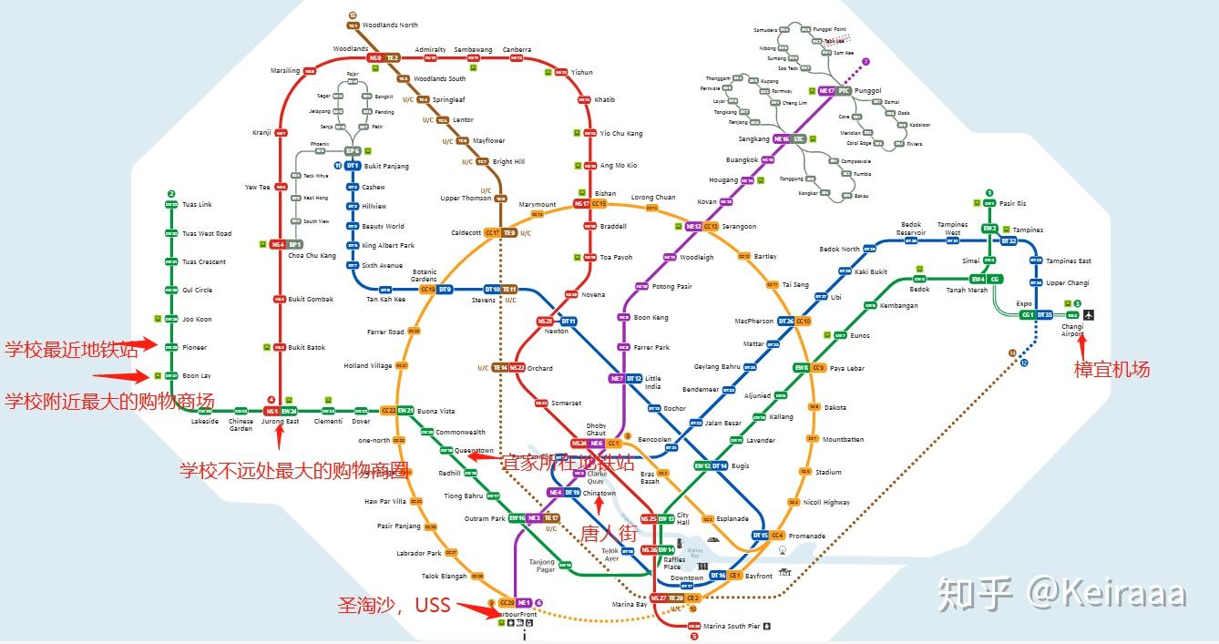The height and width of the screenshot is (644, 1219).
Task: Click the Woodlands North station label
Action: click(390, 26)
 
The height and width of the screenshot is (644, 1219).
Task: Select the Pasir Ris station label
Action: click(1012, 203)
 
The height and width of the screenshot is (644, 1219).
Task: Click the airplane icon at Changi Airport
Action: click(1089, 315)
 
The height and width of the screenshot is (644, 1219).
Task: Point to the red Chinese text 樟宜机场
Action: click(1111, 369)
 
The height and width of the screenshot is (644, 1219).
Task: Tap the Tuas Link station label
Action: click(197, 205)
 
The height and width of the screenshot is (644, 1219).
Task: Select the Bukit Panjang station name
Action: click(386, 166)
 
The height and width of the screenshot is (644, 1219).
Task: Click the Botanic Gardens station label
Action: click(425, 274)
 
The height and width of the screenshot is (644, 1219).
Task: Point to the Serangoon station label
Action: click(739, 226)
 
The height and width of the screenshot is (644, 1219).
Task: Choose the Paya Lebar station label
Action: click(848, 368)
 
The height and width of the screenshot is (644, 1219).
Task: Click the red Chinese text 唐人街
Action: click(609, 533)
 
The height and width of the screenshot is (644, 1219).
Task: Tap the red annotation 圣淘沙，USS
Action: click(394, 604)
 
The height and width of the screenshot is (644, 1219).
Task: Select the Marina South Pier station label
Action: click(732, 626)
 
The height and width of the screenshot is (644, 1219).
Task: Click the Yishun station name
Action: click(581, 72)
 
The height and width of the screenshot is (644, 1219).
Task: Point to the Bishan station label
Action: click(605, 193)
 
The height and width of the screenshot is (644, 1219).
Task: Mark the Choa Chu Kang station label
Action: click(312, 256)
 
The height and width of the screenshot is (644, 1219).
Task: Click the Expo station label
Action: click(1024, 303)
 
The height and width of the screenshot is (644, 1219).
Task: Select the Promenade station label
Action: click(806, 536)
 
